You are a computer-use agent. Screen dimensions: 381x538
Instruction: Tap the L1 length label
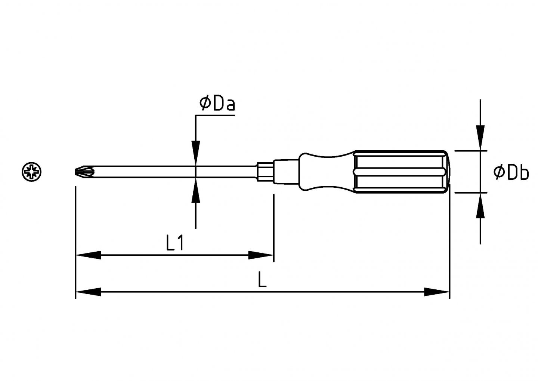174,244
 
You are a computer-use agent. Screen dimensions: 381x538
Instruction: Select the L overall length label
262,280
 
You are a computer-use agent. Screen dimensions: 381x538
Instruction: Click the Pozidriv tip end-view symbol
32,172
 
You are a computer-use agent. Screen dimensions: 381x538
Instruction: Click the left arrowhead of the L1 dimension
88,255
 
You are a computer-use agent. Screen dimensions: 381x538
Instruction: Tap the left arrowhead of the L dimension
88,292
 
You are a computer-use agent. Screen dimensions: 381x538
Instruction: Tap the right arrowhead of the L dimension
436,292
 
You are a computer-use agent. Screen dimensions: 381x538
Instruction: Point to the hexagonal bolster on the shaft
265,172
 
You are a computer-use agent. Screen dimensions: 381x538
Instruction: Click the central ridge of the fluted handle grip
400,172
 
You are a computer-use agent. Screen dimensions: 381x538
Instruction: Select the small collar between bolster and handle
286,172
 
